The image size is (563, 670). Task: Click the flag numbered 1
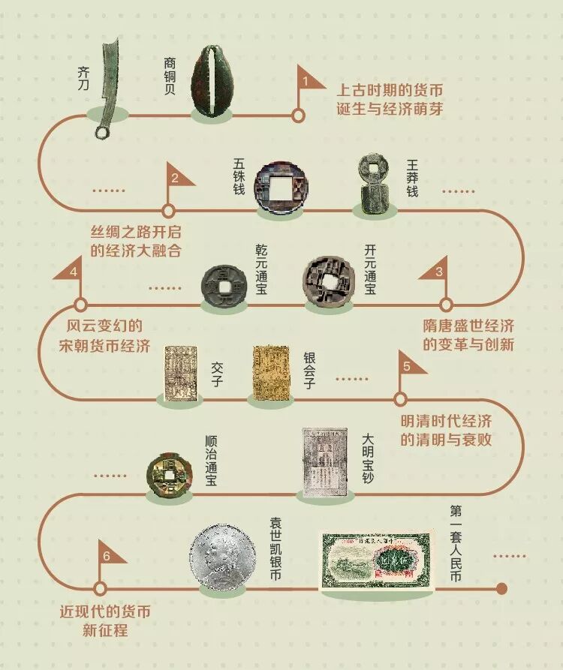click(x=309, y=79)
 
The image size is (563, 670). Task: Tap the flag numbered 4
click(x=70, y=271)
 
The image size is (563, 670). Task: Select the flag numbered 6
click(x=110, y=556)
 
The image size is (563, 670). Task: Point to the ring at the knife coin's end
click(x=102, y=133)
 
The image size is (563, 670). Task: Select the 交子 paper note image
click(x=178, y=371)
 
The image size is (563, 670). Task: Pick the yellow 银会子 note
click(x=272, y=371)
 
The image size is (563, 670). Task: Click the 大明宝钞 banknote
click(x=324, y=462)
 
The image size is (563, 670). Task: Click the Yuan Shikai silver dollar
click(x=223, y=559)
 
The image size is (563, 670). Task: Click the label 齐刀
click(x=83, y=78)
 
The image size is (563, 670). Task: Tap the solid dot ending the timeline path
click(x=502, y=587)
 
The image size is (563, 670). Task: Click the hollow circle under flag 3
click(x=445, y=305)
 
